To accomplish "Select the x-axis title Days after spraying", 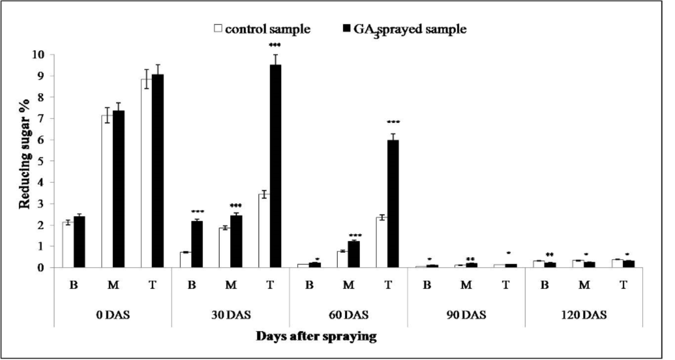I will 316,336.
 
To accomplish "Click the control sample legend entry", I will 262,29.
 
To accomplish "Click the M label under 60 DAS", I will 348,285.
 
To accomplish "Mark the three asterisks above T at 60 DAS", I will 393,123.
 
